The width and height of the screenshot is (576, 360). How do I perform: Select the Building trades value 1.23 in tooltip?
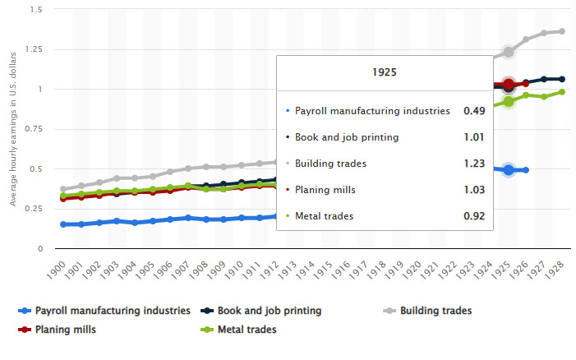pyautogui.click(x=472, y=164)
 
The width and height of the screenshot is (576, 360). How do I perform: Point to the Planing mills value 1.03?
pyautogui.click(x=472, y=190)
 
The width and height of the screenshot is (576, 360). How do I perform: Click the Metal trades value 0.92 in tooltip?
pyautogui.click(x=472, y=217)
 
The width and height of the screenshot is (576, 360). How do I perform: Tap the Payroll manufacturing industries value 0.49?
pyautogui.click(x=474, y=111)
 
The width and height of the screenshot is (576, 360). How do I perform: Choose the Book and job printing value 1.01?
pyautogui.click(x=472, y=137)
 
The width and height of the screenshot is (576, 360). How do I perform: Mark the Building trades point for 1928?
pyautogui.click(x=561, y=31)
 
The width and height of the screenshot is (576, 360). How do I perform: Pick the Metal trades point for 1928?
pyautogui.click(x=561, y=92)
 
